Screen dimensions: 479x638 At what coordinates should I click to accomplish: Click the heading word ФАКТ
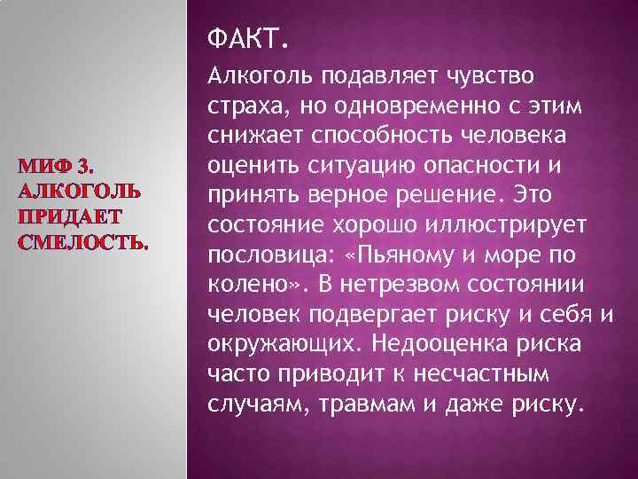point(240,40)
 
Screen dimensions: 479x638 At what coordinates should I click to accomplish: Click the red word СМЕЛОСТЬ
point(83,242)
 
